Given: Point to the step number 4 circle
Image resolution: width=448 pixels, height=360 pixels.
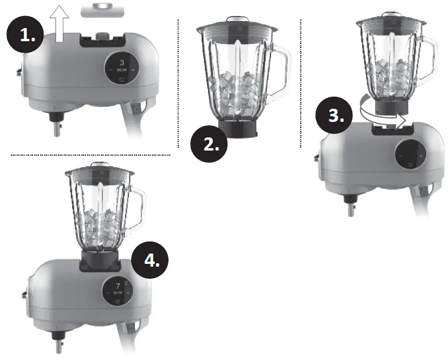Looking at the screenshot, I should pyautogui.click(x=150, y=260).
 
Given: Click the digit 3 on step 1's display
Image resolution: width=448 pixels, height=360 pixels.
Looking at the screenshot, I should pyautogui.click(x=121, y=62).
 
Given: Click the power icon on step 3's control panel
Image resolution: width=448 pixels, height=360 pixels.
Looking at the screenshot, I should pyautogui.click(x=410, y=165).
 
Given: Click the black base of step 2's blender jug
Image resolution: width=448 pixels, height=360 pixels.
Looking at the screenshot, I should pyautogui.click(x=235, y=128).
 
